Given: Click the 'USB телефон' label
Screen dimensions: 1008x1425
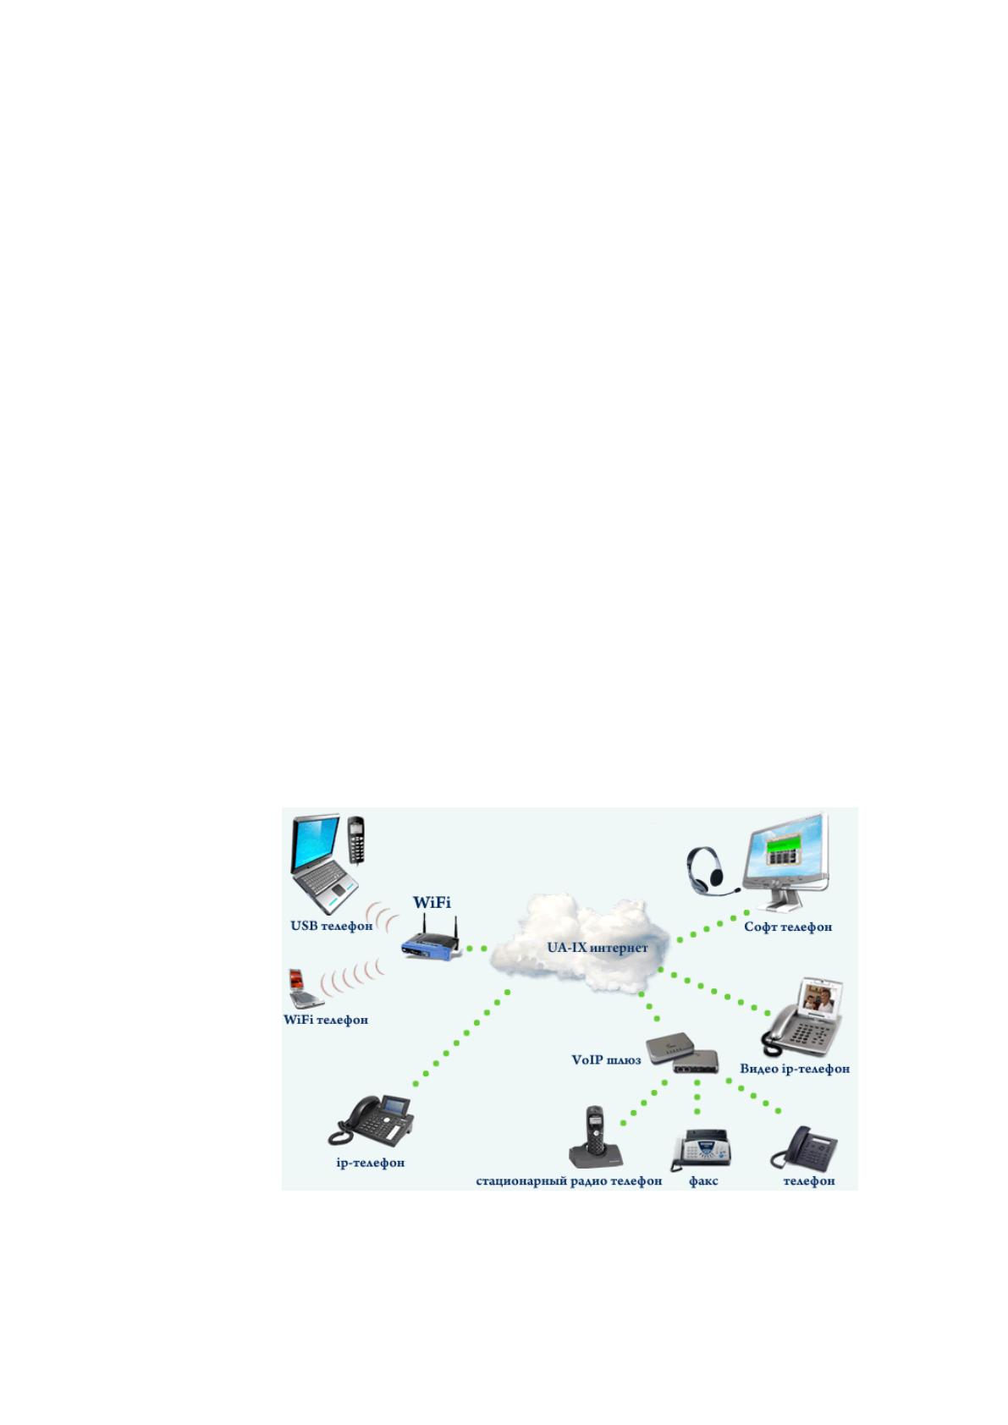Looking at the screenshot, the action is [x=332, y=926].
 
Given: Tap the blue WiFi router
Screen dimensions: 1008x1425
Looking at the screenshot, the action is [x=431, y=939].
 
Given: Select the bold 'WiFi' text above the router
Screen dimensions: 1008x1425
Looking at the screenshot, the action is [x=432, y=902].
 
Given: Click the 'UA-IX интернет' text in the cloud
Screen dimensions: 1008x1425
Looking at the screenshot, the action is [x=597, y=948].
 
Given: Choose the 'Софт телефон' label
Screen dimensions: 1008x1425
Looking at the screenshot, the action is [x=788, y=927].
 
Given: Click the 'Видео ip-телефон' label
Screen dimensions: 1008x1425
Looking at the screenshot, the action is [x=794, y=1068].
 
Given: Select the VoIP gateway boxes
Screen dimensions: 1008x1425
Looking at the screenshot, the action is [x=682, y=1052].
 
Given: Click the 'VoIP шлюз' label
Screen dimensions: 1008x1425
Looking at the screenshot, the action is [x=606, y=1059].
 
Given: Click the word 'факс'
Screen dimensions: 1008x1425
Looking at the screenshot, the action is [x=703, y=1180].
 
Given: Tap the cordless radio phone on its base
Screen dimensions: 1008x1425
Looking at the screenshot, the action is [x=595, y=1138].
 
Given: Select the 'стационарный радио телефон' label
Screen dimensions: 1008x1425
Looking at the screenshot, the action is [x=569, y=1180].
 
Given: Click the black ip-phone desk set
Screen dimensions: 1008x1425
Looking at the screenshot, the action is [x=371, y=1120].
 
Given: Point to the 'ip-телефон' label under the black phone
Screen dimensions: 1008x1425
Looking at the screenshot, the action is [x=371, y=1163].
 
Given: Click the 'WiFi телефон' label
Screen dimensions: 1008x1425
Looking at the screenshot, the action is [x=325, y=1020].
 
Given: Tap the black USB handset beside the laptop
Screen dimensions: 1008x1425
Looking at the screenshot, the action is [x=355, y=839].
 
